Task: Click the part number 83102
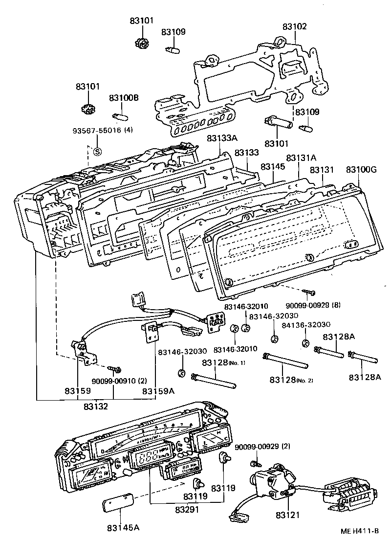pyautogui.click(x=295, y=26)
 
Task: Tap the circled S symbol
pyautogui.click(x=97, y=151)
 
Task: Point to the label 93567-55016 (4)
pyautogui.click(x=103, y=131)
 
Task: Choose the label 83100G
pyautogui.click(x=361, y=170)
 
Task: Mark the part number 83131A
pyautogui.click(x=302, y=158)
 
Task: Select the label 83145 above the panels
pyautogui.click(x=272, y=167)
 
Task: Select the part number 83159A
pyautogui.click(x=158, y=391)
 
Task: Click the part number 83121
pyautogui.click(x=287, y=515)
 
